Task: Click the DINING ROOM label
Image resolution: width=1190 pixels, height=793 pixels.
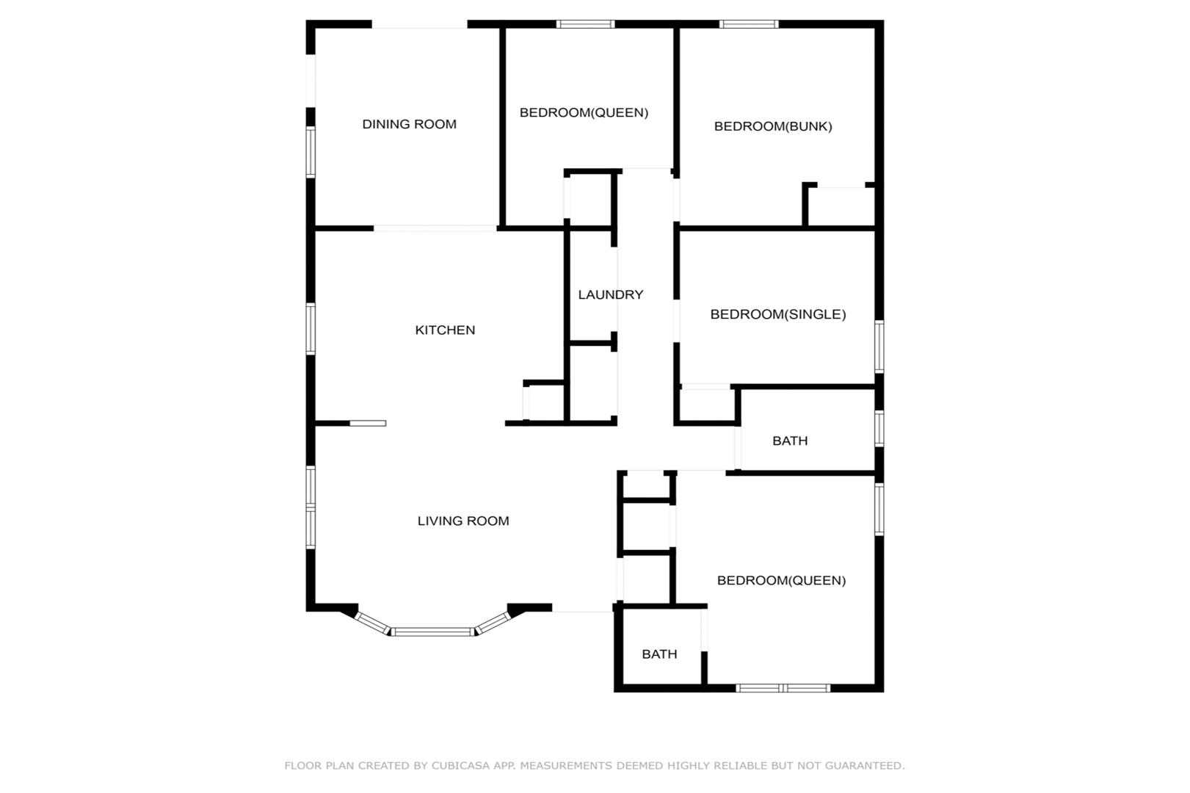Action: (409, 124)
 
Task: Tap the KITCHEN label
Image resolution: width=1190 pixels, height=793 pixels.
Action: (445, 330)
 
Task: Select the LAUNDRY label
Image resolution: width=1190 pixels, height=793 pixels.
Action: (610, 294)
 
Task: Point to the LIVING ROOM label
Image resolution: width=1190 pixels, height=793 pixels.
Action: (463, 521)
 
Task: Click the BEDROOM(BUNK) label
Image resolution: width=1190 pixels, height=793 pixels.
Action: (773, 126)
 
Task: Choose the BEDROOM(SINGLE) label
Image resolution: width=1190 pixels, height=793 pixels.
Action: (777, 314)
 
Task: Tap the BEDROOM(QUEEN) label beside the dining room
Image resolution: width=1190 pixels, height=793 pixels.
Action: (584, 112)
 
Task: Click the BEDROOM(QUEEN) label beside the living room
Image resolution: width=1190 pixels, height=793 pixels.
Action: (782, 580)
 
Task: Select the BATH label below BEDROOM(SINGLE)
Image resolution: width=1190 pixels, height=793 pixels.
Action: (790, 441)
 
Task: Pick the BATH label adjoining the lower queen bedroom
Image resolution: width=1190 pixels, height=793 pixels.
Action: (659, 653)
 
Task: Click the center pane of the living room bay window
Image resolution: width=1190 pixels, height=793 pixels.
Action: (432, 632)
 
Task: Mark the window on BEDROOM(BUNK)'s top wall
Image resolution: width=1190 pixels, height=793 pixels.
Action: (749, 24)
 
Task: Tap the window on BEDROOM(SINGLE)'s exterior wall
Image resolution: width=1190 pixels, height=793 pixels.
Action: (879, 347)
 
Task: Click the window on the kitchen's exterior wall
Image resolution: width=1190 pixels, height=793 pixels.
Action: (311, 328)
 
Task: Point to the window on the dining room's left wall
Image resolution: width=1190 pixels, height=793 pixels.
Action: (311, 151)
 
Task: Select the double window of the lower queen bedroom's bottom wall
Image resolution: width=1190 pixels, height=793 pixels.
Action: (783, 688)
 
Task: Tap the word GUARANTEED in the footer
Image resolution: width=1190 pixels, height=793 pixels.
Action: (864, 765)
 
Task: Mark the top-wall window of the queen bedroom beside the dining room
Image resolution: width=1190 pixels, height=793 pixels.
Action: (585, 24)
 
